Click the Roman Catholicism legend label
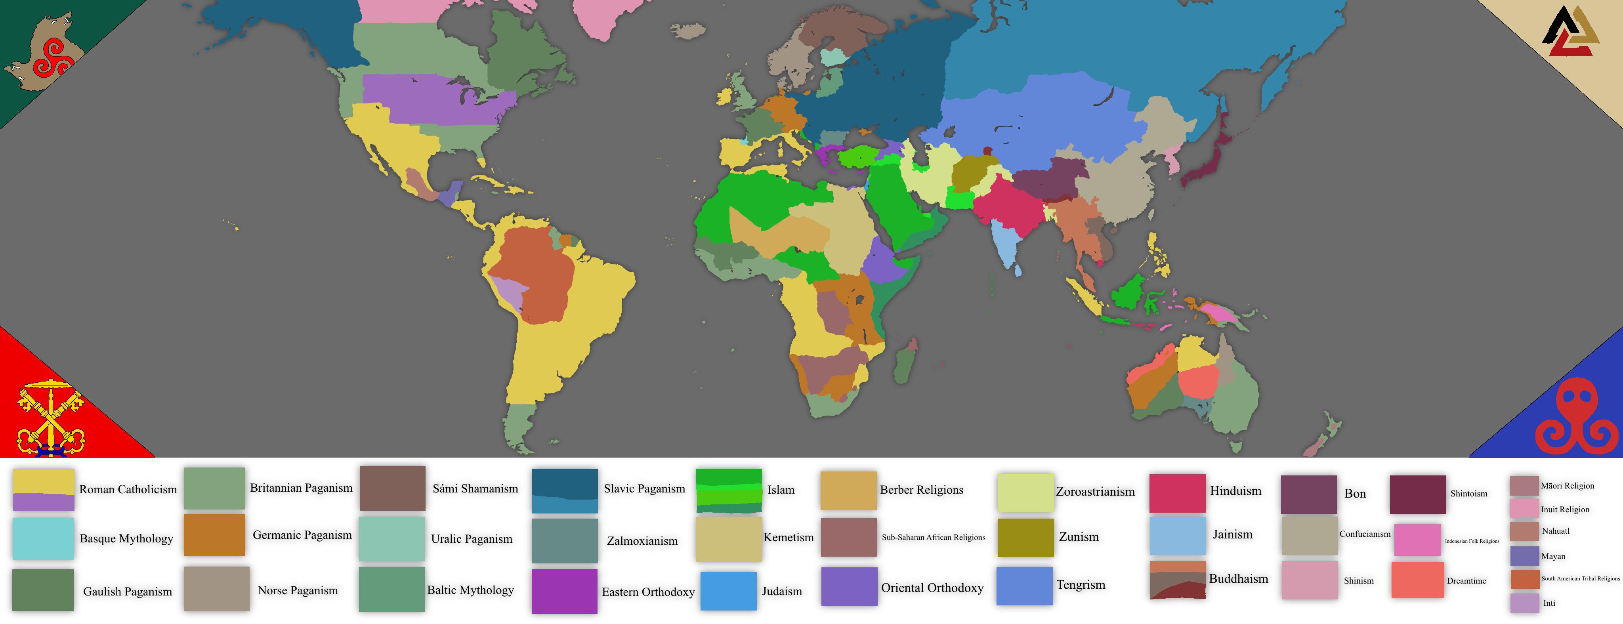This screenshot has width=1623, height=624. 128,489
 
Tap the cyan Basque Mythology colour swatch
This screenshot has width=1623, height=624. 43,538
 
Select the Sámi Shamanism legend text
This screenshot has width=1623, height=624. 475,489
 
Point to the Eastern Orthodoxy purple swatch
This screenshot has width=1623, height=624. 564,591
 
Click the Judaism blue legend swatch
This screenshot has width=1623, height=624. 728,591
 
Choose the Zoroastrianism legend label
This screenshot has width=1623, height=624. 1095,492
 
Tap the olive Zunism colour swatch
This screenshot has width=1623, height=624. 1025,537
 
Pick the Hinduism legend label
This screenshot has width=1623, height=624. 1235,490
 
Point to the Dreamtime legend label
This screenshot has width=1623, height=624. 1466,580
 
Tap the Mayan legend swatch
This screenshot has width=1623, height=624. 1524,556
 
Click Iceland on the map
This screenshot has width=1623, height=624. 687,30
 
